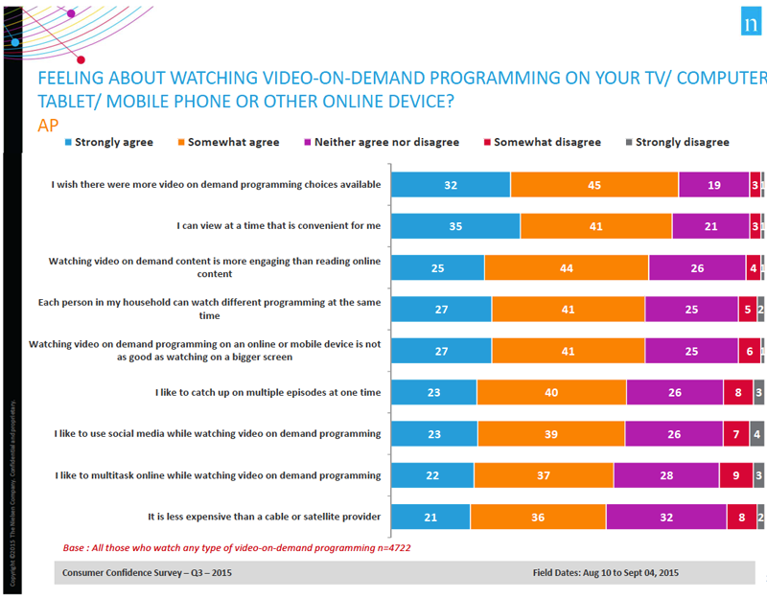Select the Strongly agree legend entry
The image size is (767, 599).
pos(107,142)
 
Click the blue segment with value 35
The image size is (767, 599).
pos(456,226)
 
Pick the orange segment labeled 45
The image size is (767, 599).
pos(594,184)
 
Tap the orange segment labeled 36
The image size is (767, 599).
pos(538,517)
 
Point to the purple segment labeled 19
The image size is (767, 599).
pos(713,184)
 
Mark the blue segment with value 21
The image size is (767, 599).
pos(431,517)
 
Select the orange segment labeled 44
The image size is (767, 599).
pos(567,267)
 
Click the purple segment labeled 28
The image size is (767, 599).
pos(666,475)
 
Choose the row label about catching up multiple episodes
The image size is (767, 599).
pos(267,392)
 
